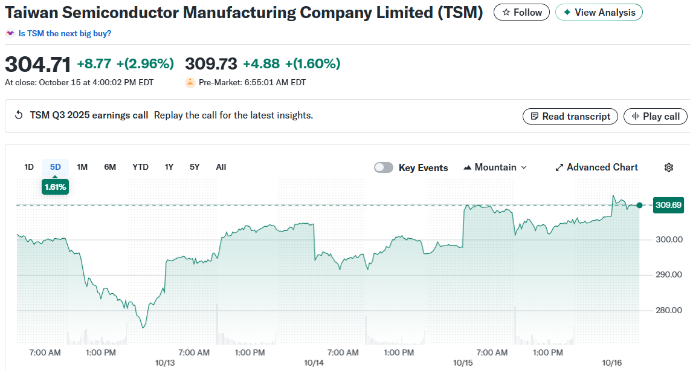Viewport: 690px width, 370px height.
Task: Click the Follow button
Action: tap(521, 12)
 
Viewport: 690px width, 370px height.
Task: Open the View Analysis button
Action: tap(599, 12)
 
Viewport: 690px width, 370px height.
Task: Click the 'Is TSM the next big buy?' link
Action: tap(65, 33)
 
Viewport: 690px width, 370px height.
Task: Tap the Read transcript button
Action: tap(570, 116)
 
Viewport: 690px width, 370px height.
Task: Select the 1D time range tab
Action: tap(29, 167)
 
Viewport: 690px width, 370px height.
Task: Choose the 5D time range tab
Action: tap(55, 167)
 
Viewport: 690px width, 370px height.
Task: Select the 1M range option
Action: tap(82, 167)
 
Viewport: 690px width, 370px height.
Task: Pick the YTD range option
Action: tap(140, 167)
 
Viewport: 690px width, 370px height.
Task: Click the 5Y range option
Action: tap(194, 167)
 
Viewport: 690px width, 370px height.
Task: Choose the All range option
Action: tap(221, 167)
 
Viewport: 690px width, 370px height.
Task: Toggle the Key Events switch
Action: tap(384, 167)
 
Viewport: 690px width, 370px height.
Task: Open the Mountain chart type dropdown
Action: tap(495, 167)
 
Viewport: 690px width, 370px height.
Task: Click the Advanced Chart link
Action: tap(596, 167)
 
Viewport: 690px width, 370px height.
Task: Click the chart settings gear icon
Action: tap(669, 167)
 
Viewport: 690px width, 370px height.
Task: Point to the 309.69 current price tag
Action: tap(668, 205)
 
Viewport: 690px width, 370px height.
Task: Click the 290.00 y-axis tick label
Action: tap(669, 275)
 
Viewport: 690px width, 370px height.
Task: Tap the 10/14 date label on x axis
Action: tap(314, 363)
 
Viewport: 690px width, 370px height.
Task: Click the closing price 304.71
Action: tap(37, 63)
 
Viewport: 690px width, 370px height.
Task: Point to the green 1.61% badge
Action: tap(55, 187)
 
